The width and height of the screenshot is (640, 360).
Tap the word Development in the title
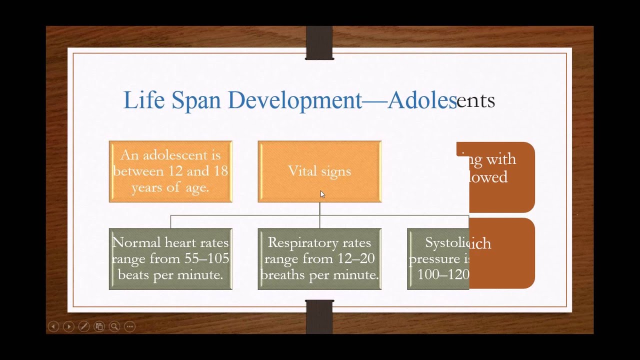click(294, 100)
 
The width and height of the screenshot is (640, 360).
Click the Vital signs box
click(319, 171)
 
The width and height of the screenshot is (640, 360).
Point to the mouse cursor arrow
click(322, 194)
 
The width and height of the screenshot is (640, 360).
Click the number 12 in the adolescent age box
click(175, 171)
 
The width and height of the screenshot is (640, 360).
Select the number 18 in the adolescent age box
click(220, 171)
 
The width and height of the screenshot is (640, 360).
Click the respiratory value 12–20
click(359, 258)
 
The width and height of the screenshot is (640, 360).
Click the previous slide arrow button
click(53, 326)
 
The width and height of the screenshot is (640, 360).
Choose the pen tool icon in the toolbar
click(84, 326)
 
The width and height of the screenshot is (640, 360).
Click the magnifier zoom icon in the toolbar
click(114, 326)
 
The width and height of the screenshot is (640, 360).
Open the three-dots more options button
click(130, 326)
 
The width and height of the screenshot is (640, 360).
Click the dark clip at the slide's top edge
click(319, 43)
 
